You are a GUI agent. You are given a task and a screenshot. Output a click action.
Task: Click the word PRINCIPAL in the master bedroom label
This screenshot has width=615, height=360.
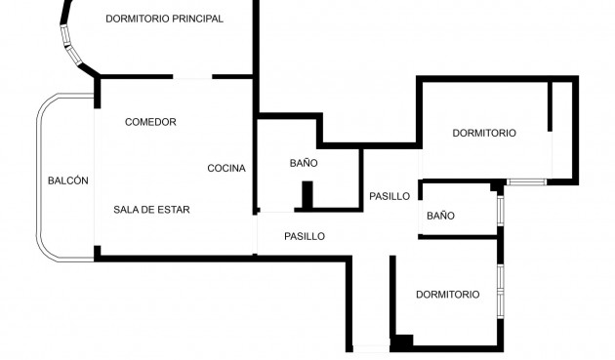point(194,19)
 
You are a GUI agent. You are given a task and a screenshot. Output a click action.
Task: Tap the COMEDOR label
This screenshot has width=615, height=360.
point(150,122)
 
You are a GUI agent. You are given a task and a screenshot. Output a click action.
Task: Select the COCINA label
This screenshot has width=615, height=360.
point(226,168)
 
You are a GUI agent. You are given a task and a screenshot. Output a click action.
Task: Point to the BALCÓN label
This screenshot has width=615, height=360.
point(68,180)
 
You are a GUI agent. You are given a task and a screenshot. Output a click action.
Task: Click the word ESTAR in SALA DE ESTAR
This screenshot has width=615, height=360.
point(172,210)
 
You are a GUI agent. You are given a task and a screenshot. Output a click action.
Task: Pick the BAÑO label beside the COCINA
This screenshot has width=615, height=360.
point(305,163)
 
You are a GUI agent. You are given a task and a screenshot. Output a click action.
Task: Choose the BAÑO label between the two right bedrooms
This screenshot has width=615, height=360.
point(441,216)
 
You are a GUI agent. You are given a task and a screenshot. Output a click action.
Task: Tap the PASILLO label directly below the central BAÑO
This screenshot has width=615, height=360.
point(305,236)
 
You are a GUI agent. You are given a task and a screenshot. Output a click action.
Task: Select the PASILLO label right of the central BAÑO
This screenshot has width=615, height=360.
point(389,196)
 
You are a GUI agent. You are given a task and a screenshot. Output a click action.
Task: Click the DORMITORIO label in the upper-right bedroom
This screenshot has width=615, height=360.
point(484,133)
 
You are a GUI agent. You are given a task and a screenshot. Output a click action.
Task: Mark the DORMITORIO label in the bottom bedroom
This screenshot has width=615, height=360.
point(447,294)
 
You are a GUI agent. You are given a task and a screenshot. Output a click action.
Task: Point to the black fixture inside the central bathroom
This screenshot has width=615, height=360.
point(307,195)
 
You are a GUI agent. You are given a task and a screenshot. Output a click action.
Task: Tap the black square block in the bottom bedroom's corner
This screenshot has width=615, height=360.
point(402,342)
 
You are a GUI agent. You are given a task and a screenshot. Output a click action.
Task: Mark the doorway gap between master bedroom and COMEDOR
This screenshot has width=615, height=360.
point(192,76)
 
